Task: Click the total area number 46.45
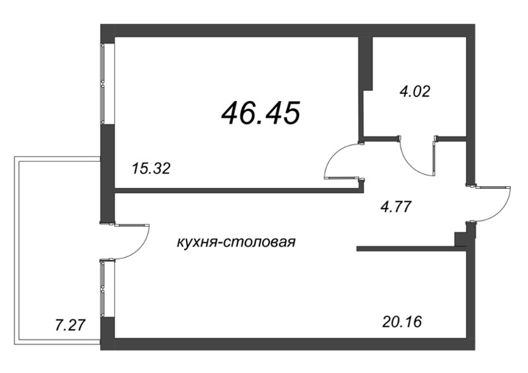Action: click(x=262, y=113)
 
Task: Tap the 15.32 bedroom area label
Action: click(x=151, y=169)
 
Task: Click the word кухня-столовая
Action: click(x=236, y=242)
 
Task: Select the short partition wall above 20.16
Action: click(x=409, y=249)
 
